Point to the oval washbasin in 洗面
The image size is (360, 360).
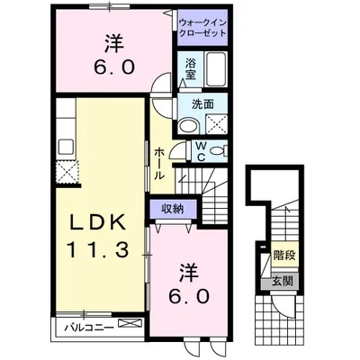coord(185,126)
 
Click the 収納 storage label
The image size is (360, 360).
coord(173,209)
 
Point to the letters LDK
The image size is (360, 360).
coord(99,221)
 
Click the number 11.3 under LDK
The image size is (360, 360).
coord(99,247)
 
